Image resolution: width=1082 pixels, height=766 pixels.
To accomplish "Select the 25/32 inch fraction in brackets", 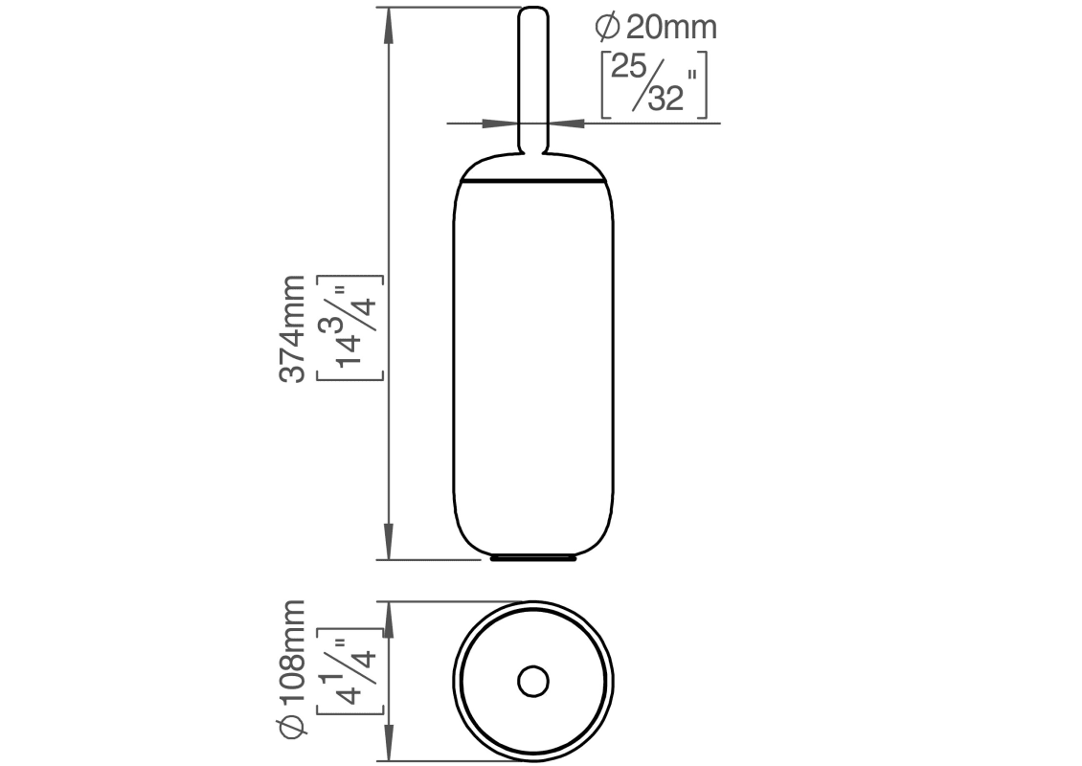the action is pos(654,84).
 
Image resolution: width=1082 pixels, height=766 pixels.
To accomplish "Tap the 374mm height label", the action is pos(291,328).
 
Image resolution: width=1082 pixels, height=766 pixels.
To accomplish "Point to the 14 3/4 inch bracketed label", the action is pos(349,328).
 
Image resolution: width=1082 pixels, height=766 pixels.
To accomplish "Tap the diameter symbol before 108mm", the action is pos(291,728).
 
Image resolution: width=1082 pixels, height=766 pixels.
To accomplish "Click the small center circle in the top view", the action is pos(532,682).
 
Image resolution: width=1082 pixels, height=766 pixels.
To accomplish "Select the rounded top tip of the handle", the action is pos(533,12).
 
